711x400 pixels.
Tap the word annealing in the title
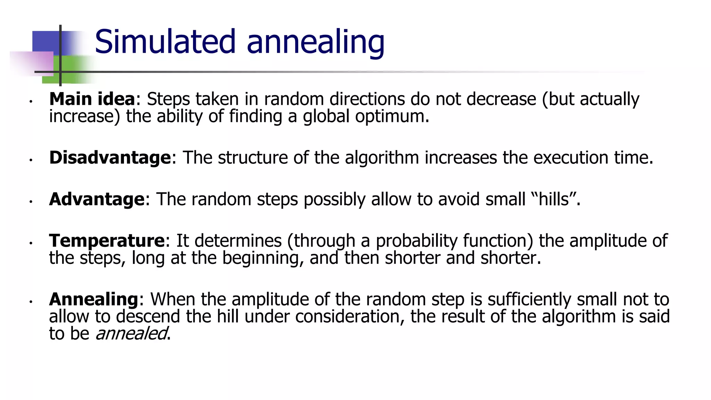(315, 42)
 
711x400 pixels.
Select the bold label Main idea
(92, 99)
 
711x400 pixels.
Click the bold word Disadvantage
(110, 158)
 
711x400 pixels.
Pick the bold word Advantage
(97, 199)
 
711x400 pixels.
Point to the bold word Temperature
(107, 241)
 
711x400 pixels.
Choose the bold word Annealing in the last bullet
(94, 299)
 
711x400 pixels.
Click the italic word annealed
(131, 334)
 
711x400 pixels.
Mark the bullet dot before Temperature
(31, 243)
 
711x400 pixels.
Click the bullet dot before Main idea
(31, 101)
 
